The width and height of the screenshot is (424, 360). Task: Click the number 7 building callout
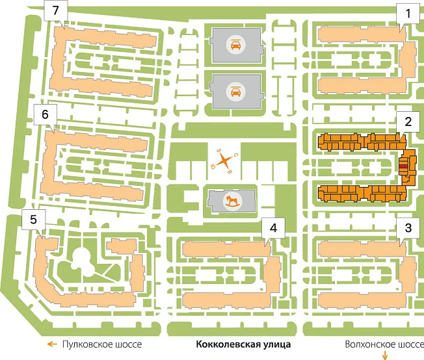55,12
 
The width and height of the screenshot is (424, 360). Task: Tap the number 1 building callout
408,12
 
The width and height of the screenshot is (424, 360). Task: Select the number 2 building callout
408,121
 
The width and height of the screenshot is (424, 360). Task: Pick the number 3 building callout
408,228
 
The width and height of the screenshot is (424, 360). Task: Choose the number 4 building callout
274,228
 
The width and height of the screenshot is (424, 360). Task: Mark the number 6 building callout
44,114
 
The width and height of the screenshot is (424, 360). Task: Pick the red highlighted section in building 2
404,167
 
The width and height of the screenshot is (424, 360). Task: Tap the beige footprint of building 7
104,35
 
